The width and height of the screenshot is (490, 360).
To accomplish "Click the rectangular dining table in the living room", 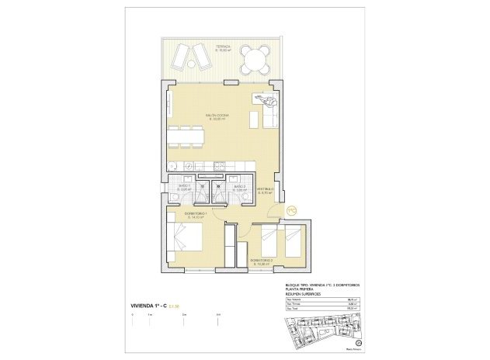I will point(186,137).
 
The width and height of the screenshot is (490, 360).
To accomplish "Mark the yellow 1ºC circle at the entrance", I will point(292,209).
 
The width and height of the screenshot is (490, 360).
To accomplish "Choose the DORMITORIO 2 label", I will point(261,261).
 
